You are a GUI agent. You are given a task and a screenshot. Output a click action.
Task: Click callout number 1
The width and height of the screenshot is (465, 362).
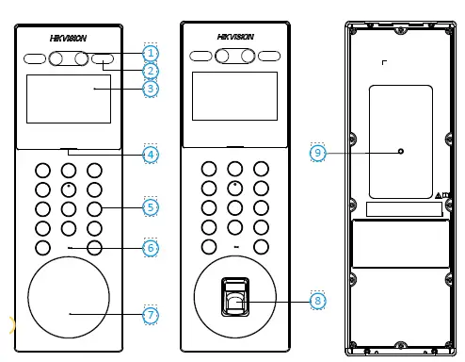click(152, 53)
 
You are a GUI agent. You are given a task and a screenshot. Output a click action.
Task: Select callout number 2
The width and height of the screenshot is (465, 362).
click(152, 71)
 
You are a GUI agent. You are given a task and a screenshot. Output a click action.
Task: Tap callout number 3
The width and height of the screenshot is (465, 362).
click(152, 89)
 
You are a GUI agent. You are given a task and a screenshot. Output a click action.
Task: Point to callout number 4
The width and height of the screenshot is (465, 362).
click(152, 153)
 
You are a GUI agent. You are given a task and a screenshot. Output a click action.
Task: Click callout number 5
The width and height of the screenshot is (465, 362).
click(152, 206)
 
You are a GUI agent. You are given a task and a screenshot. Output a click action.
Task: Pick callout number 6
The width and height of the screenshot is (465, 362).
click(152, 247)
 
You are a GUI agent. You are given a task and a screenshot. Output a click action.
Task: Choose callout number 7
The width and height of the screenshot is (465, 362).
click(152, 315)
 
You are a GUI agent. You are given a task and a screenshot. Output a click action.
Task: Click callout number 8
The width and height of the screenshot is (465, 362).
click(318, 301)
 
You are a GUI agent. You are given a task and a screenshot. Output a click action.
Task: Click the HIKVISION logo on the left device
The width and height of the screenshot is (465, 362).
click(69, 39)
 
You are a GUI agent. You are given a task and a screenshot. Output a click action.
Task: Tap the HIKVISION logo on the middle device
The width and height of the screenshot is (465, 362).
click(235, 37)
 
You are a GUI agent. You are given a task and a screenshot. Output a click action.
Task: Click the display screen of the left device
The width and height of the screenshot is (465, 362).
click(68, 98)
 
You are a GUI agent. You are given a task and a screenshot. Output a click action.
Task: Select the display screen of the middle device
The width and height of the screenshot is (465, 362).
click(235, 96)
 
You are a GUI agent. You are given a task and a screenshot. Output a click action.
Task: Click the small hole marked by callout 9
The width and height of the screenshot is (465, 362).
click(401, 151)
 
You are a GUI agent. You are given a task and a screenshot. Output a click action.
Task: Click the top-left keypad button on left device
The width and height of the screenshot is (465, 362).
click(42, 171)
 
